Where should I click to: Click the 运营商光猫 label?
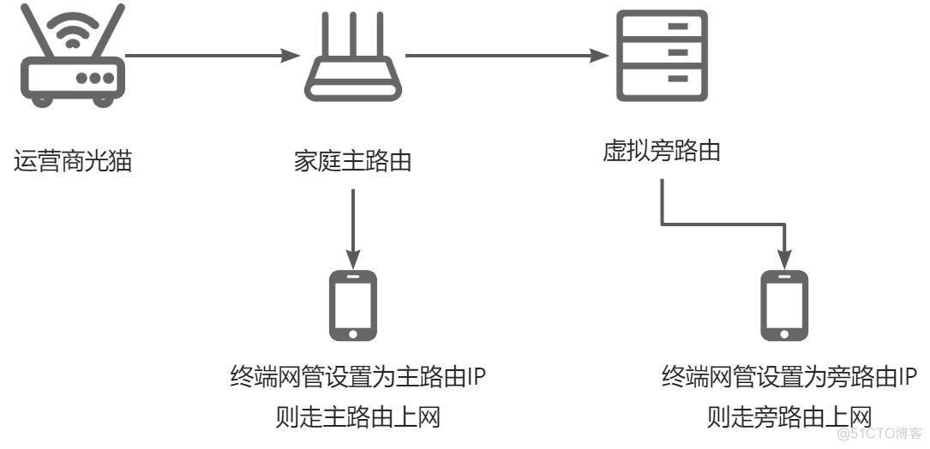[73, 161]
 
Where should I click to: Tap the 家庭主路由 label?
[352, 161]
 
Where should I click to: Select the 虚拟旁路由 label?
[661, 152]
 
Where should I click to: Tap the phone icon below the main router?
[352, 305]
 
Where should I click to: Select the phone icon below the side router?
[784, 305]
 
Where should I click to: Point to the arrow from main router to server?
[501, 57]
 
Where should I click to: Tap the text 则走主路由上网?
[357, 417]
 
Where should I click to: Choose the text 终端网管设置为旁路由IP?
[789, 378]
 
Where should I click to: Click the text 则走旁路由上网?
[789, 417]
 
